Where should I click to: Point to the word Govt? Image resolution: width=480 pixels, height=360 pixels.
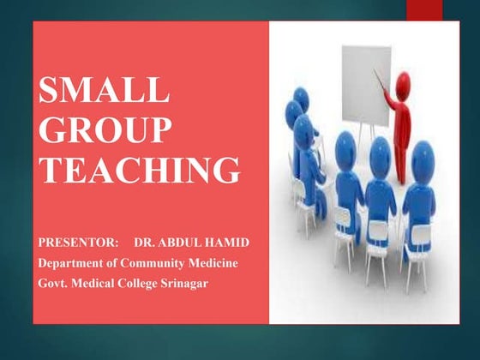53,280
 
